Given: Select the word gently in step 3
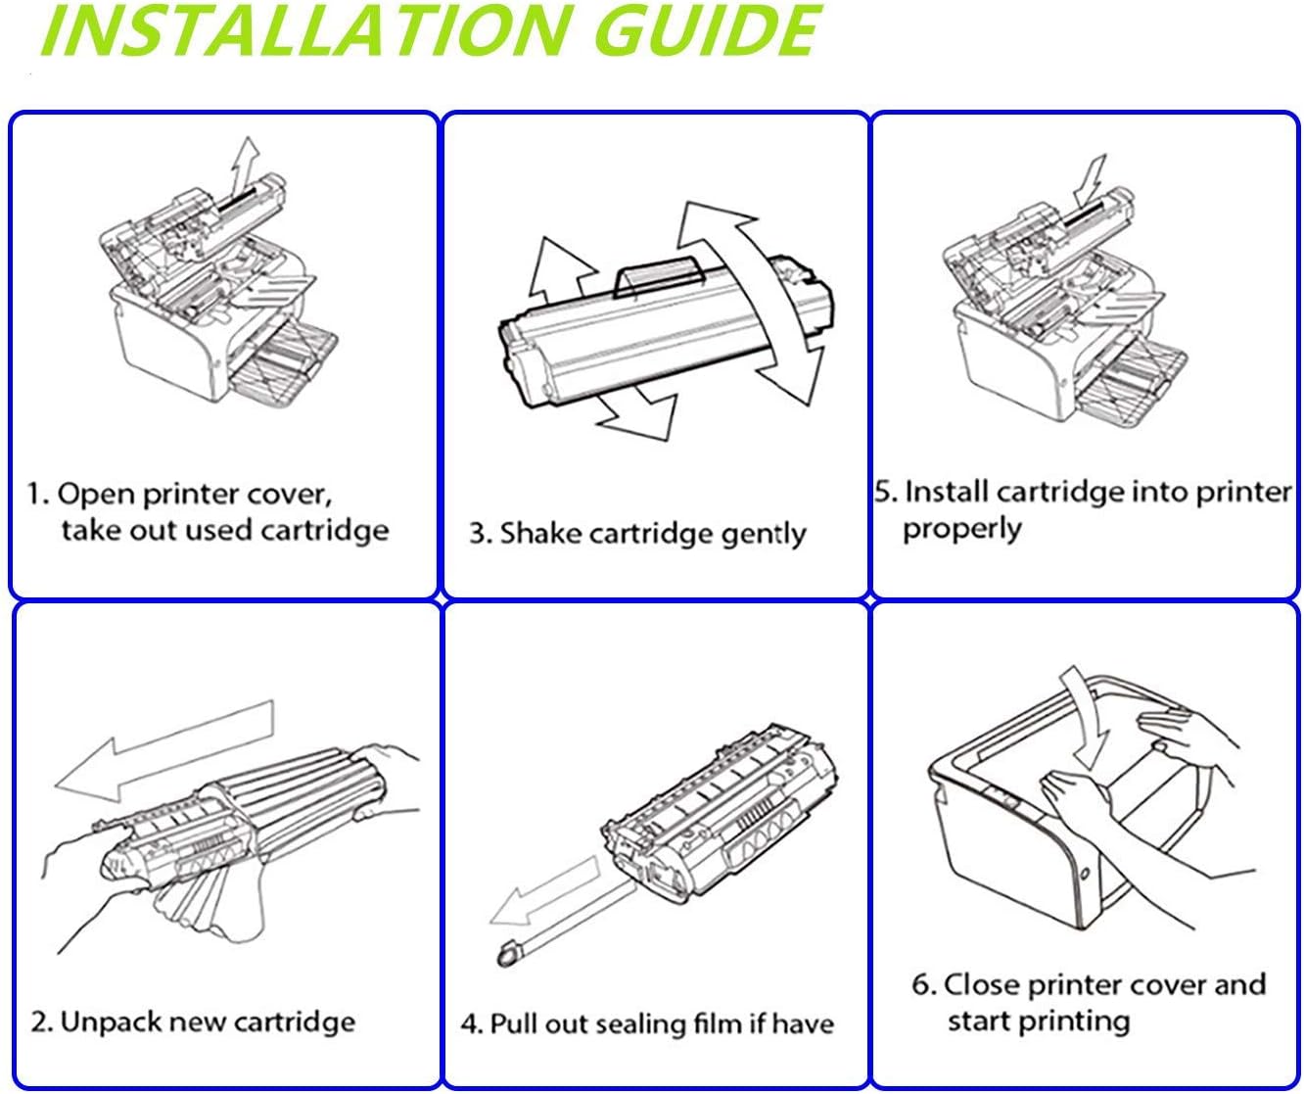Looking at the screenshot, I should click(764, 536).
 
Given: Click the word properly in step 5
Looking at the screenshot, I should click(961, 530).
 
